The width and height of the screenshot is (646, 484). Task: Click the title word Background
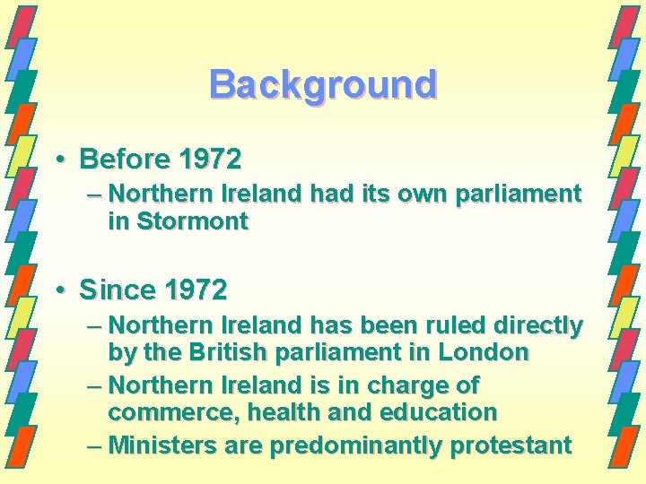(323, 85)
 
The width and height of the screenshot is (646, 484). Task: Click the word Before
(125, 160)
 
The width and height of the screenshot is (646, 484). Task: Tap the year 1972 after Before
(210, 160)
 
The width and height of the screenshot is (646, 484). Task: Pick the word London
(484, 352)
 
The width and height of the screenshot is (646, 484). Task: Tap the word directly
(537, 325)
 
